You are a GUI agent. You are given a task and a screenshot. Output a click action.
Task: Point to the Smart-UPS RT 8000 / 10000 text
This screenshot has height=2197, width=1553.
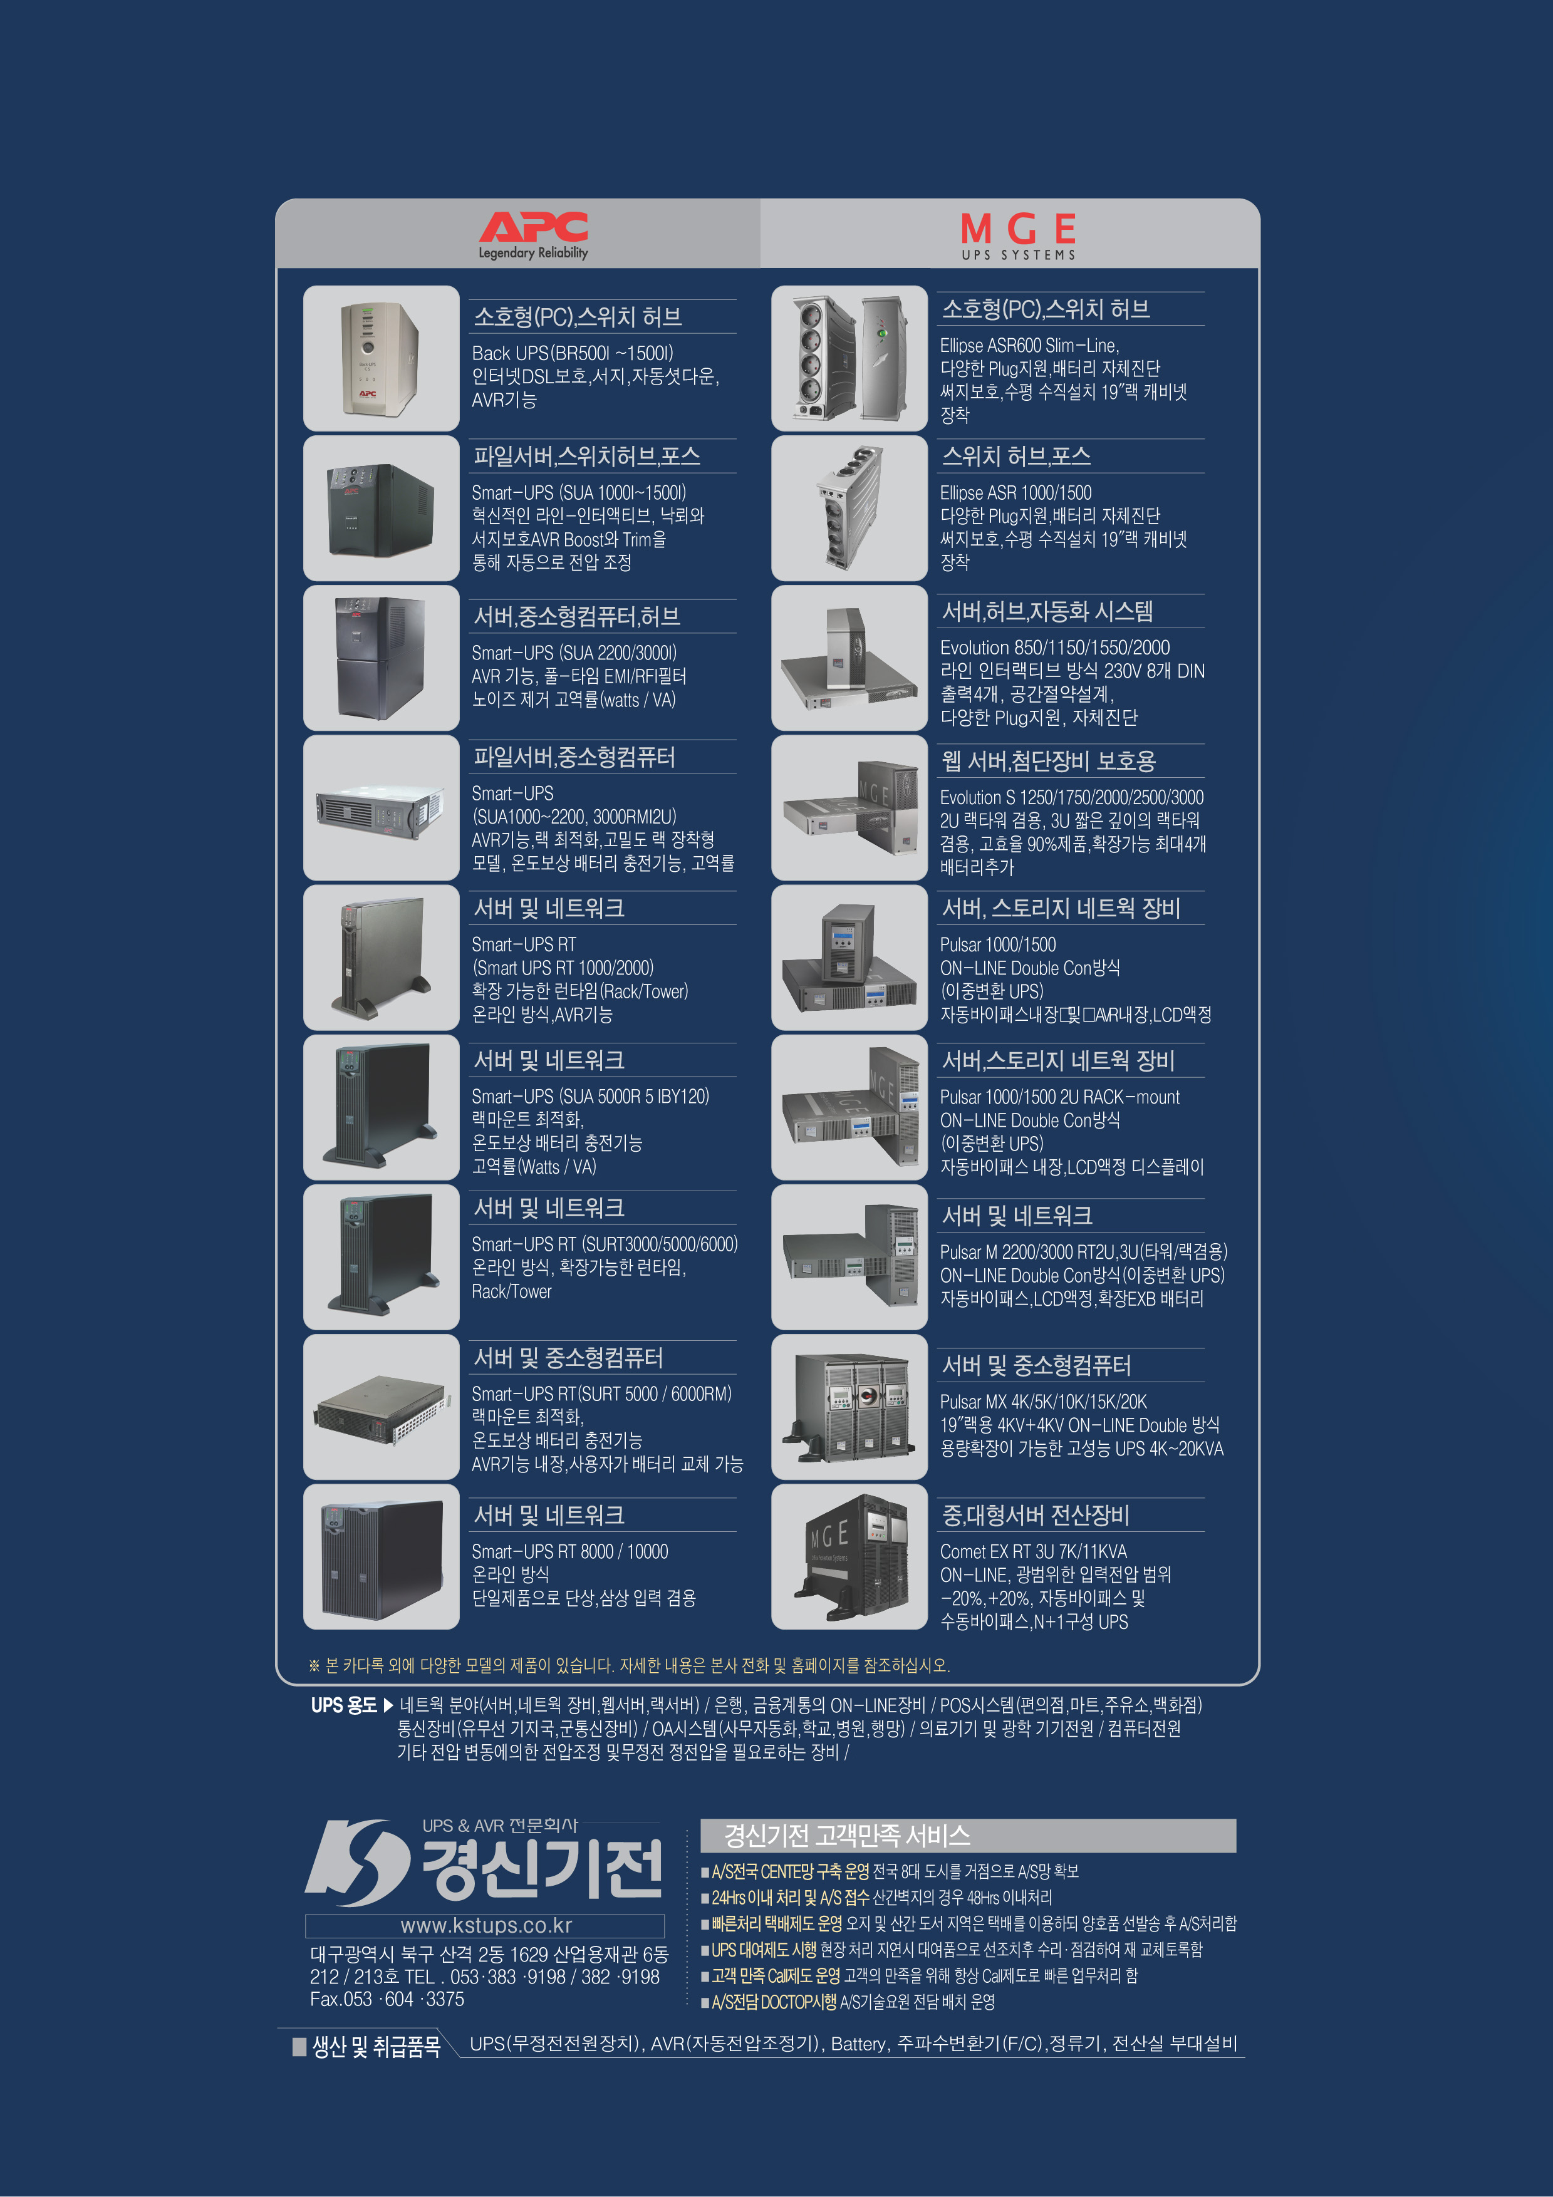tap(569, 1551)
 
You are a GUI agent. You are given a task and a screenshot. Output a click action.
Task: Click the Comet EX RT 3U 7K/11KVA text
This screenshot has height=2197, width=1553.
tap(1034, 1551)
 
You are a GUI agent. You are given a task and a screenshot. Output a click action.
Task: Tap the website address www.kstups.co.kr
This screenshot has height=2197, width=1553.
tap(485, 1925)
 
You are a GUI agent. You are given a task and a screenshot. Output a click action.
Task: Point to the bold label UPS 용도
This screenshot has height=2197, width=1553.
tap(343, 1705)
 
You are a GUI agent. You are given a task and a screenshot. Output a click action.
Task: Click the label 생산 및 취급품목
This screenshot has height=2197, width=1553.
tap(376, 2046)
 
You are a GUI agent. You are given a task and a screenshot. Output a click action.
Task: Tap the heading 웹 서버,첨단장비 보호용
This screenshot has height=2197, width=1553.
tap(1049, 761)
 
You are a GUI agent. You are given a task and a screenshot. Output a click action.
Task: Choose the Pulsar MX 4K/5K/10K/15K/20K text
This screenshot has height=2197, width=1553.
tap(1043, 1401)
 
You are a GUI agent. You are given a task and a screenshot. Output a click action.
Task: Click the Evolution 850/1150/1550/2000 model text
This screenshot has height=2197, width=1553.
tap(1054, 647)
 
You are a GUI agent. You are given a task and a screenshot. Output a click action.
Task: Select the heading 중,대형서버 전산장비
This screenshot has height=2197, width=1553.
tap(1036, 1515)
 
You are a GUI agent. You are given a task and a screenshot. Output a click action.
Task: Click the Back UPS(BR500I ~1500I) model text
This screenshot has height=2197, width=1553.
tap(572, 353)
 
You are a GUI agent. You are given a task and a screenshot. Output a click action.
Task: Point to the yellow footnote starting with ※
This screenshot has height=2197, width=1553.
tap(629, 1665)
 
